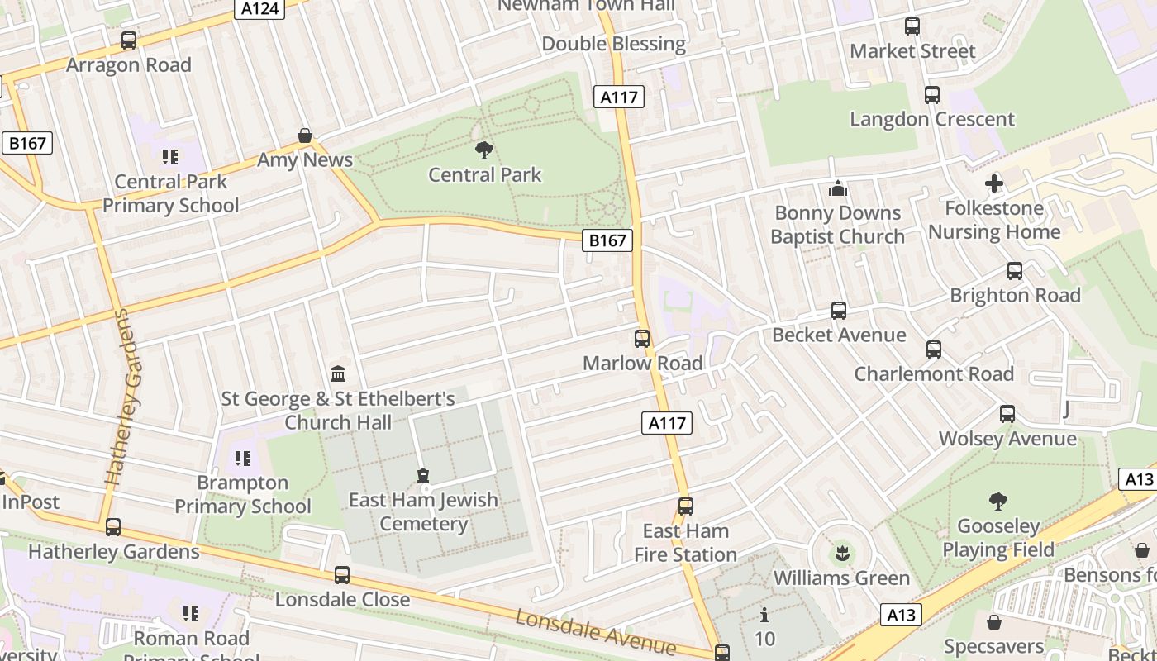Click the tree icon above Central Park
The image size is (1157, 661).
[x=484, y=150]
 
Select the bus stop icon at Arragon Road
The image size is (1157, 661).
[x=128, y=40]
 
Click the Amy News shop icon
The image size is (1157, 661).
[x=305, y=136]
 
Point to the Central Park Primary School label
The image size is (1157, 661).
[x=170, y=193]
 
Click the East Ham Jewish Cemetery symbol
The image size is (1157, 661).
[x=423, y=476]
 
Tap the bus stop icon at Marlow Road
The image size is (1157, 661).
[x=642, y=338]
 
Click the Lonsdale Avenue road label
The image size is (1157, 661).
[x=595, y=632]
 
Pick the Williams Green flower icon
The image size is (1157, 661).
[x=842, y=552]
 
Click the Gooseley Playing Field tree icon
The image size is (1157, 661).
[x=997, y=501]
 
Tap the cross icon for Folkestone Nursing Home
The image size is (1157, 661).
[x=994, y=183]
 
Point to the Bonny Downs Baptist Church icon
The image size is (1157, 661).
[x=838, y=188]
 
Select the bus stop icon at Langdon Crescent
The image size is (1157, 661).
[x=931, y=94]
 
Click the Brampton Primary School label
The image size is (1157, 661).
[x=242, y=494]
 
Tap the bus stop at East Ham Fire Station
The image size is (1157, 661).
[x=685, y=506]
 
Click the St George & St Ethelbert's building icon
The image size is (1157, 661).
[x=338, y=374]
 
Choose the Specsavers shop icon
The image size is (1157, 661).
[x=994, y=621]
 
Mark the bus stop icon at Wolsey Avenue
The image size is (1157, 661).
[x=1007, y=413]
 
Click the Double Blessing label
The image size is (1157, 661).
[x=614, y=44]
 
